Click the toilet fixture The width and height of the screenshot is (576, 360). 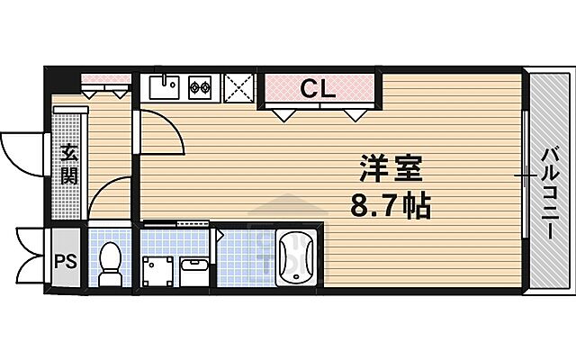click(x=111, y=261)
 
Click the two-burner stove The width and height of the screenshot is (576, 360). click(x=200, y=88)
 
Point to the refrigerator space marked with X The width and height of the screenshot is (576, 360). click(x=237, y=88)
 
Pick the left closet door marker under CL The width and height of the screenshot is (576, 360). click(x=284, y=115)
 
